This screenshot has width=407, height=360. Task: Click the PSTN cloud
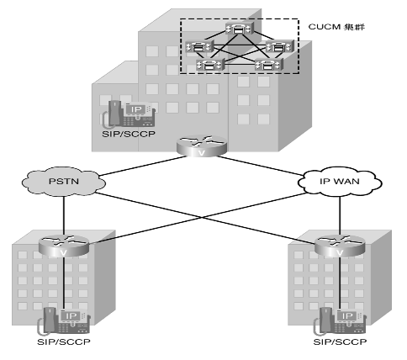(64, 181)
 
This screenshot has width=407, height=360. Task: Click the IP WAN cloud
(340, 182)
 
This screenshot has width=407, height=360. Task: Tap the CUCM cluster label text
(336, 27)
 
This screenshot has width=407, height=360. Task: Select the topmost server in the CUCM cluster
(240, 29)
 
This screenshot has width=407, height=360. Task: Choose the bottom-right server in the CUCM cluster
(268, 65)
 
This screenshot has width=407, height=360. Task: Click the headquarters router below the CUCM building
(202, 146)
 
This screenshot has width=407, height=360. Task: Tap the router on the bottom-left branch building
(64, 246)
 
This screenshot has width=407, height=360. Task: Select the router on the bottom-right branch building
(340, 246)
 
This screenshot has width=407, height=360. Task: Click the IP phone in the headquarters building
(129, 114)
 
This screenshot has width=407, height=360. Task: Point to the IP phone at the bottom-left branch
(64, 321)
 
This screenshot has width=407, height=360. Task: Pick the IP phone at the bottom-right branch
(340, 321)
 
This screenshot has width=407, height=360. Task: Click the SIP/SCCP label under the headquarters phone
(129, 134)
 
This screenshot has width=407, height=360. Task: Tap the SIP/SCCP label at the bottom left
(64, 341)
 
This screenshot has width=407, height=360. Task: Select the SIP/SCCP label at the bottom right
(340, 341)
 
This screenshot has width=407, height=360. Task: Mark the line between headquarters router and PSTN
(142, 167)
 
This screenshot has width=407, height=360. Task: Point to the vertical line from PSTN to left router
(64, 215)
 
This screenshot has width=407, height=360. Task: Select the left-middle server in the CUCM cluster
(199, 47)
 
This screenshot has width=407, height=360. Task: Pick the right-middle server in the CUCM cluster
(280, 46)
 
